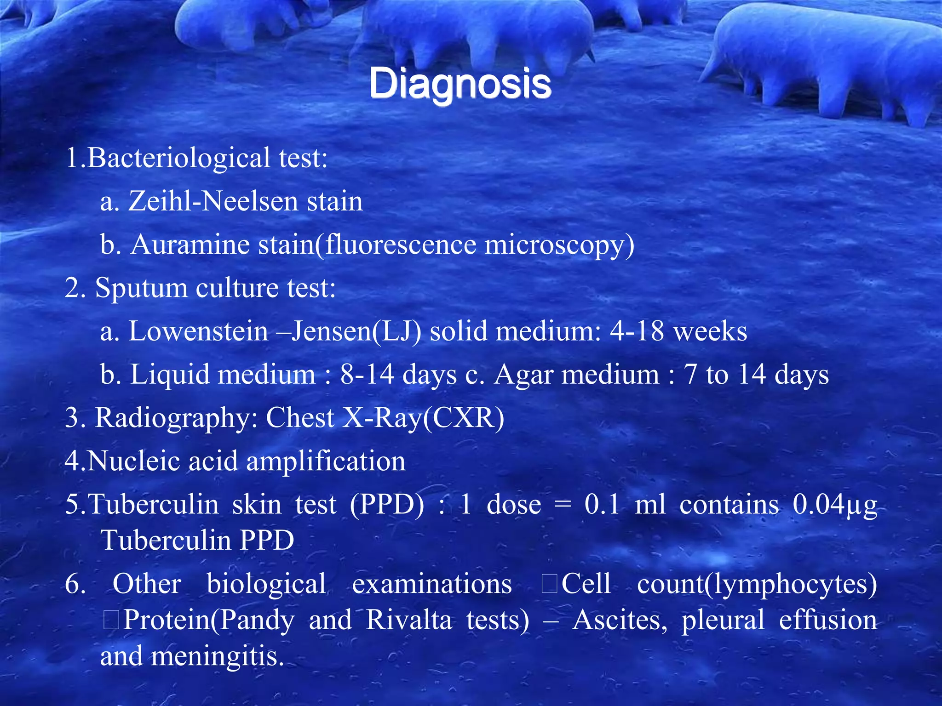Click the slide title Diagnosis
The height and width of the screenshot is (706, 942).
460,84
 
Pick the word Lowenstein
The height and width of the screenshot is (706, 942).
198,331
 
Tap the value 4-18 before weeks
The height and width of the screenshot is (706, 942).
637,331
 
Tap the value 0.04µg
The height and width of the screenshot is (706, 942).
835,505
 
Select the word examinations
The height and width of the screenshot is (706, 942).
432,584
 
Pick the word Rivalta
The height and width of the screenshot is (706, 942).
409,620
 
